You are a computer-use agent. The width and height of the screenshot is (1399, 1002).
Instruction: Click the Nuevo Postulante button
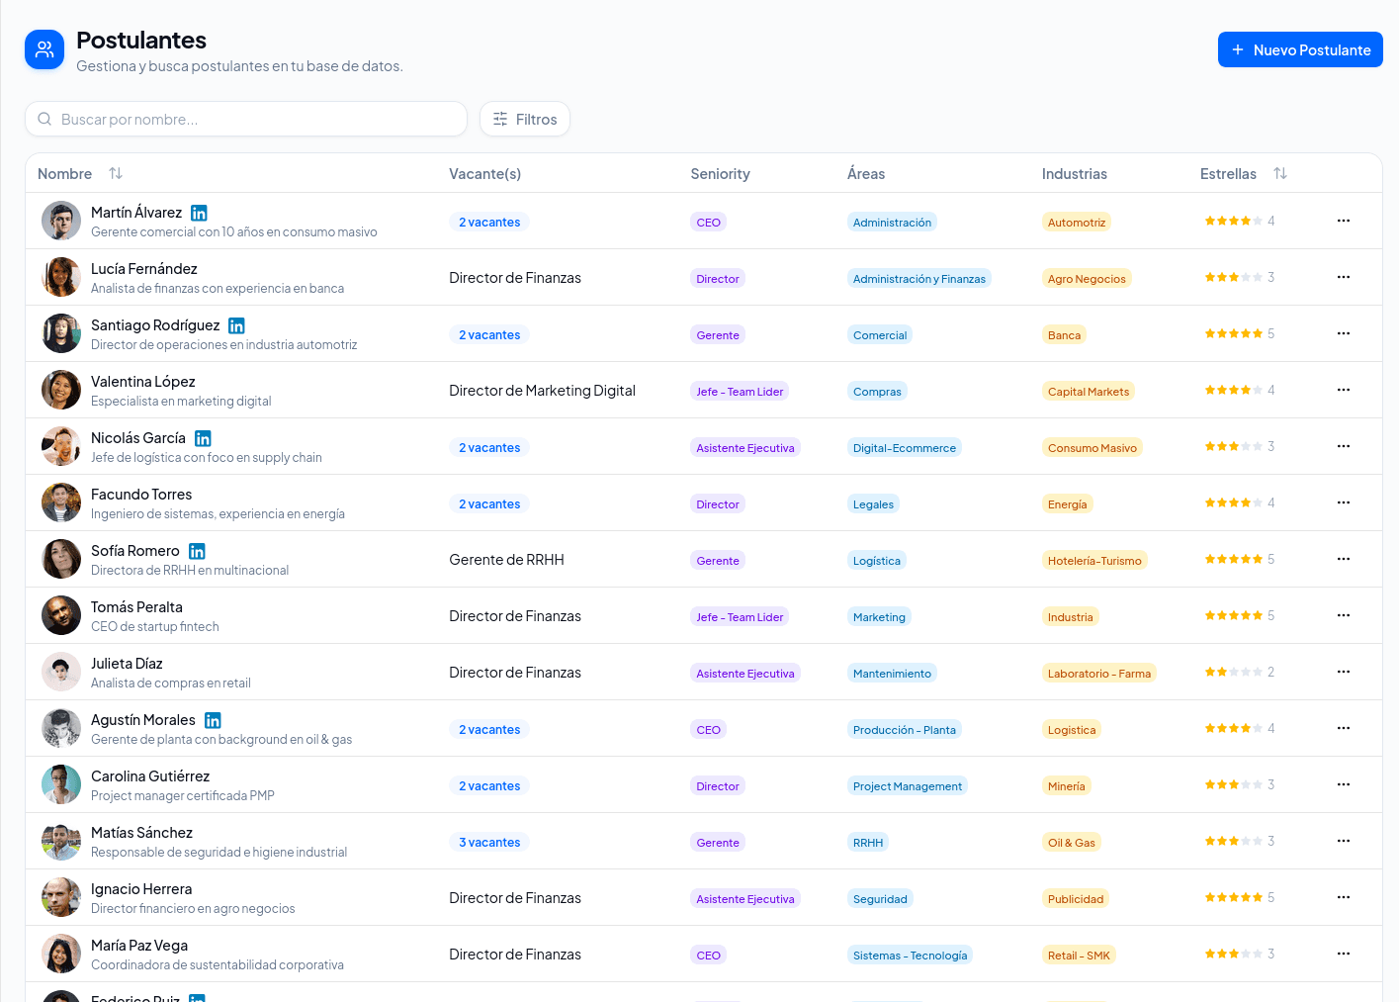tap(1300, 49)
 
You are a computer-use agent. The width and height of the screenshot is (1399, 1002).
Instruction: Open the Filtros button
tap(525, 119)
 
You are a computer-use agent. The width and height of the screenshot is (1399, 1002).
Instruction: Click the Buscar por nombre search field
tap(246, 119)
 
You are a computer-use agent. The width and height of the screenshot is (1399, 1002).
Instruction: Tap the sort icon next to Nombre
tap(116, 173)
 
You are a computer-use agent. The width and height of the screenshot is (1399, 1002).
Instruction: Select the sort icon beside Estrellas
tap(1280, 173)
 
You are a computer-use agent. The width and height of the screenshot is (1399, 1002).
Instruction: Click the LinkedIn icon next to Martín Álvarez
tap(199, 213)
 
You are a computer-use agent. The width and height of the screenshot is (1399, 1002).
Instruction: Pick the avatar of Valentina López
tap(61, 390)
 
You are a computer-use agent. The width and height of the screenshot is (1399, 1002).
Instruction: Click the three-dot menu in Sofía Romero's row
tap(1344, 559)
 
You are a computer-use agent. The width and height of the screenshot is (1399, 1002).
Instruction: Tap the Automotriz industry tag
tap(1076, 223)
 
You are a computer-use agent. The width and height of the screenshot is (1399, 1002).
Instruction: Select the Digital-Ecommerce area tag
tap(905, 448)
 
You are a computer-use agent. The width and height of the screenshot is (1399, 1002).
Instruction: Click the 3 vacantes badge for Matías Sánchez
tap(489, 842)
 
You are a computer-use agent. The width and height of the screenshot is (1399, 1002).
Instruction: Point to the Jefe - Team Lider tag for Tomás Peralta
tap(740, 617)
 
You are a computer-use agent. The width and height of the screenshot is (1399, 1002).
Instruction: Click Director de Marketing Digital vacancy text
tap(542, 391)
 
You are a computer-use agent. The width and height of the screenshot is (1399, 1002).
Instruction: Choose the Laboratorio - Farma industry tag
tap(1099, 674)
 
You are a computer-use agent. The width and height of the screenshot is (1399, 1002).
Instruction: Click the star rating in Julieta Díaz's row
tap(1239, 672)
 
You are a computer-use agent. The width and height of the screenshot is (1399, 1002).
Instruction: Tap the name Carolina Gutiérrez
tap(150, 775)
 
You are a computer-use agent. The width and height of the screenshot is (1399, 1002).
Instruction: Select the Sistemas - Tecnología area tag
tap(910, 956)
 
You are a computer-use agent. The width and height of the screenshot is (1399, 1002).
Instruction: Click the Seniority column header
tap(720, 174)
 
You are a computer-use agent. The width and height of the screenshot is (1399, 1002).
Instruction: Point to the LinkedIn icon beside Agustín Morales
tap(213, 720)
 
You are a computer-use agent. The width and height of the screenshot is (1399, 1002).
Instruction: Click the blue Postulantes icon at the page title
tap(44, 49)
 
